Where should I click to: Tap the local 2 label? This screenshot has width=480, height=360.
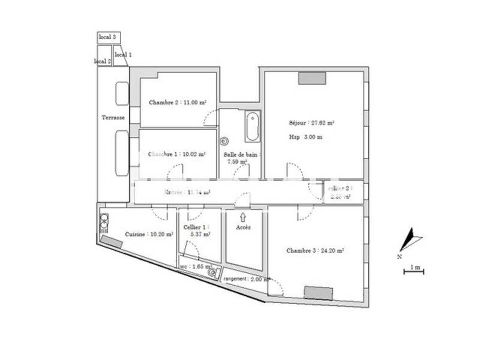[x=103, y=61]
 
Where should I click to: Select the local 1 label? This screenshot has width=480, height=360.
[x=123, y=55]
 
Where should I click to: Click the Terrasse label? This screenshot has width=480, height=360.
[x=113, y=118]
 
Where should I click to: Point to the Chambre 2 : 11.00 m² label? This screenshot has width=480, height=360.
[x=178, y=103]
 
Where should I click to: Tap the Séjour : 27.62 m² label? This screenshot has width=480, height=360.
[x=311, y=122]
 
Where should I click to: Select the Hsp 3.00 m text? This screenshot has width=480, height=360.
[x=306, y=137]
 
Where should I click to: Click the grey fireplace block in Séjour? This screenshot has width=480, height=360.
[x=312, y=78]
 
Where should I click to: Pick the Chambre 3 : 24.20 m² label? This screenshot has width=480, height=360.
[x=314, y=251]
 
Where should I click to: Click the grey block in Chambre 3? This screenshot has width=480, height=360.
[x=318, y=292]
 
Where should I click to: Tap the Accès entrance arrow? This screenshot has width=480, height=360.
[x=243, y=217]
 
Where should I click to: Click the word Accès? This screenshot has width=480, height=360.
[x=243, y=228]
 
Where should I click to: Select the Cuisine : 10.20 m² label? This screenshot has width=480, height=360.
[x=149, y=235]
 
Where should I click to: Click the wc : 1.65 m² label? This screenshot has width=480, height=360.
[x=196, y=266]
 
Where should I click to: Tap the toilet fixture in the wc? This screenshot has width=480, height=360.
[x=212, y=272]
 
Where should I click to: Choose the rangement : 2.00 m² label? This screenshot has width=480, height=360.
[x=246, y=280]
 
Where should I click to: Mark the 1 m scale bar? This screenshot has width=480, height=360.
[x=413, y=272]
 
